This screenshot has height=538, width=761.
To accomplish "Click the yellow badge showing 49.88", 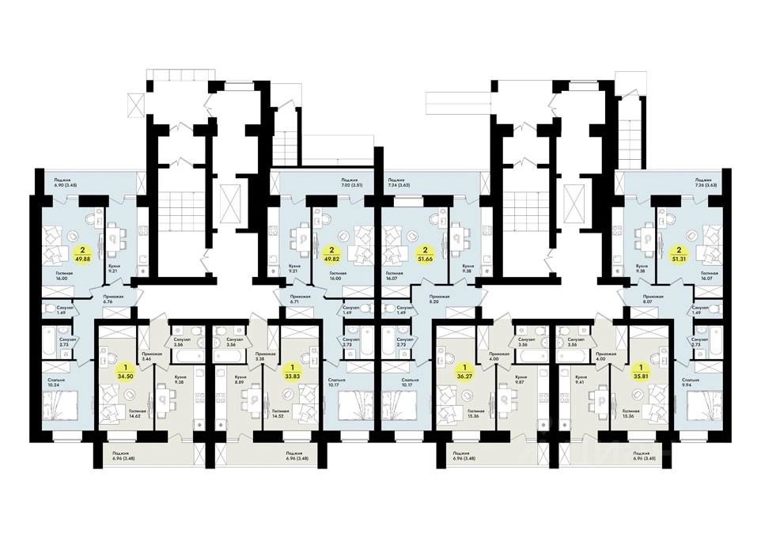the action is coord(81,252).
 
